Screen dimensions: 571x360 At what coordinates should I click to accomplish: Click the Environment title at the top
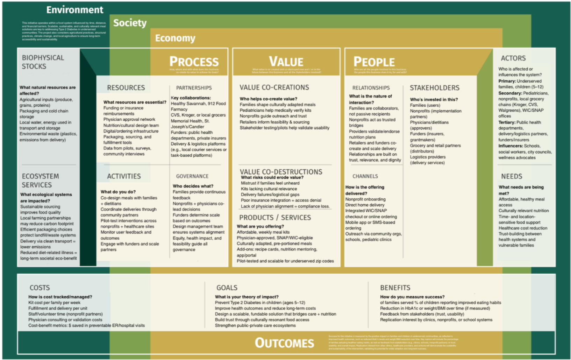tap(75, 10)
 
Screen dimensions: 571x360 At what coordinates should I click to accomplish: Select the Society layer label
tap(130, 23)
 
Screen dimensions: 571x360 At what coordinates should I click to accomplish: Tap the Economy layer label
tap(175, 38)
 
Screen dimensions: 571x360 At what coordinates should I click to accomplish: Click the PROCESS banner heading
tap(194, 62)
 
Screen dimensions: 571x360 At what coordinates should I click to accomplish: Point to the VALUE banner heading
tap(286, 62)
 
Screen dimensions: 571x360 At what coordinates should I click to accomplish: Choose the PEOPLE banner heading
tap(374, 62)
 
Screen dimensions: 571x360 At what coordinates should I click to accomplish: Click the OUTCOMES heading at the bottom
tap(284, 343)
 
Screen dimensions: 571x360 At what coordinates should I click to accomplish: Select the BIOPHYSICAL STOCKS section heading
tap(43, 62)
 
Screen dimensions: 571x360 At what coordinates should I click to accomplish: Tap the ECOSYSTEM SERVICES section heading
tap(40, 181)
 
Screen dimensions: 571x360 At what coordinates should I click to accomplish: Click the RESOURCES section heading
tap(126, 88)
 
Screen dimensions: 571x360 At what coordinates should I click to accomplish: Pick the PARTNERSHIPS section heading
tap(194, 88)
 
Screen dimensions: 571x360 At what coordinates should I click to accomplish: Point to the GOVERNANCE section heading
tap(192, 176)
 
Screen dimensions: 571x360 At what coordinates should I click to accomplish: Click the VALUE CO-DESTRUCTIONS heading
tap(281, 172)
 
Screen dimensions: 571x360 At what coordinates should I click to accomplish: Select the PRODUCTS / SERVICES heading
tap(275, 218)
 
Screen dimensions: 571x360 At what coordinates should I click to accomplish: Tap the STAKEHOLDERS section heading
tap(434, 88)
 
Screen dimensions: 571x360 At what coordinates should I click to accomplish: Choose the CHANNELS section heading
tap(365, 176)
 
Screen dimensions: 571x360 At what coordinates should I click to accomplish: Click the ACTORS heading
tap(513, 58)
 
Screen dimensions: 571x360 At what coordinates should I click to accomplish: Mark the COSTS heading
tap(40, 288)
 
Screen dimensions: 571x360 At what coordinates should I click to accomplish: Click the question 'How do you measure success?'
tap(412, 297)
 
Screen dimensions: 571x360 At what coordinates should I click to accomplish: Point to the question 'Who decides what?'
tap(193, 186)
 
